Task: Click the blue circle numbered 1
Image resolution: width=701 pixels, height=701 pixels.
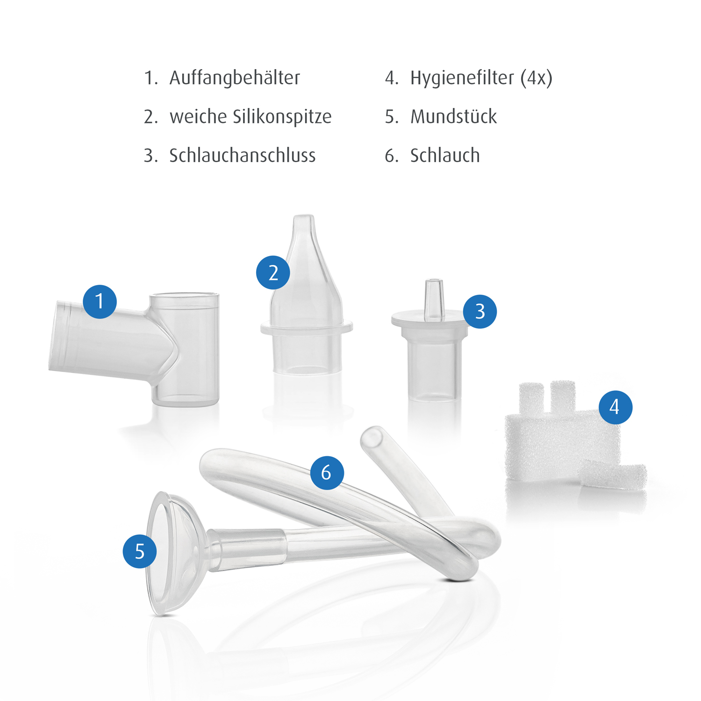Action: click(100, 302)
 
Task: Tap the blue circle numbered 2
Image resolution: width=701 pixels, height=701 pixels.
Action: click(273, 272)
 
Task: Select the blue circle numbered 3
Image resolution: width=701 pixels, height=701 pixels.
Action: click(480, 312)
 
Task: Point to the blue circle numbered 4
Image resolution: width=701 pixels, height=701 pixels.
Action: click(615, 408)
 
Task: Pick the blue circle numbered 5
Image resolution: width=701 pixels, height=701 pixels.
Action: click(140, 551)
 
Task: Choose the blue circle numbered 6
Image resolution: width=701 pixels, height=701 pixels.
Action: click(327, 473)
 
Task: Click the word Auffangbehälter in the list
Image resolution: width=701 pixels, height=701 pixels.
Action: click(235, 78)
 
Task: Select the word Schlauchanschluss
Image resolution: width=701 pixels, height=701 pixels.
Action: click(243, 156)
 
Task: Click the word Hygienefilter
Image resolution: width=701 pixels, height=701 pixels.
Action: click(462, 78)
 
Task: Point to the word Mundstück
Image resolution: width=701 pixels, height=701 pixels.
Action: click(454, 117)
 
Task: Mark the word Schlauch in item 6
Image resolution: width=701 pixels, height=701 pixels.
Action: click(445, 156)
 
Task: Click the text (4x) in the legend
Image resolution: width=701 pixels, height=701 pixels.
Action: click(536, 78)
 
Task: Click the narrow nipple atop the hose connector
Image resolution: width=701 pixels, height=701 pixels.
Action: click(434, 299)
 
